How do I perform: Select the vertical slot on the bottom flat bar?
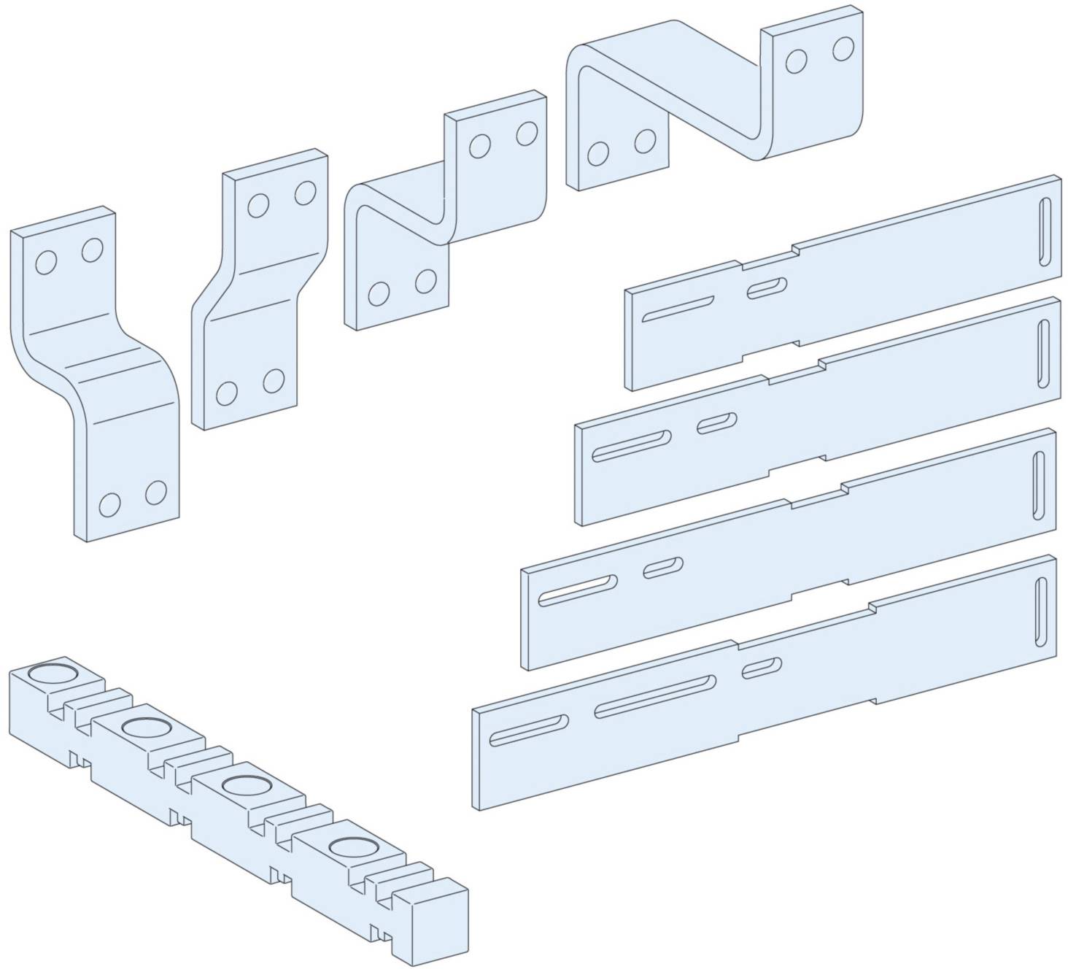[1040, 612]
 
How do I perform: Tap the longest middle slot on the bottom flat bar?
[654, 696]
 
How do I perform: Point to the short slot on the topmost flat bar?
[767, 288]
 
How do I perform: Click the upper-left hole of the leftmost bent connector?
[45, 262]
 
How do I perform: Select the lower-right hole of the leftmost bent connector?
[156, 493]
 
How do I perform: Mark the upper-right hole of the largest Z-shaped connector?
[843, 49]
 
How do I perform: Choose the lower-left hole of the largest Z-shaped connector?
[597, 154]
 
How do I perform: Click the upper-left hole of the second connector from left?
[258, 205]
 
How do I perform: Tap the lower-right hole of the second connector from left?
[274, 380]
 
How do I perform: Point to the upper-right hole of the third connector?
[526, 134]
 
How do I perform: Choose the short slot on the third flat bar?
[663, 567]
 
